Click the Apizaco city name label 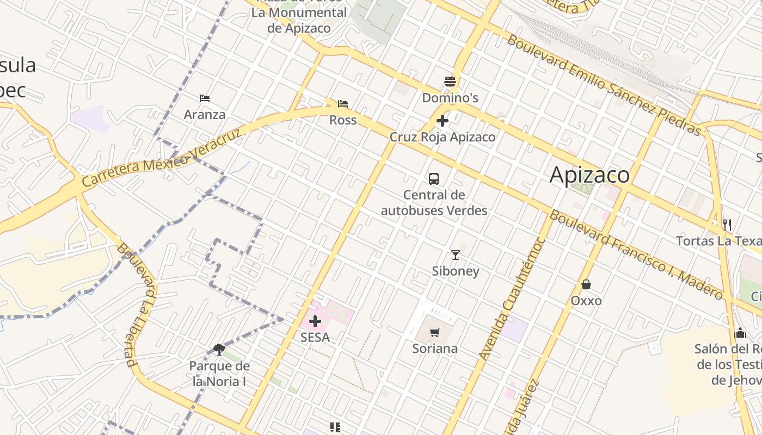pos(589,175)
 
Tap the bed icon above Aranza pos(205,98)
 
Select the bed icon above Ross pos(343,104)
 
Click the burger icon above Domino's pos(450,82)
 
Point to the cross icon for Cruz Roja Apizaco pos(443,121)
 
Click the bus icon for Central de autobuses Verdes pos(434,178)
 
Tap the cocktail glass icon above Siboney pos(456,254)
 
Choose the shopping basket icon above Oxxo pos(586,284)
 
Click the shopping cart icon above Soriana pos(434,332)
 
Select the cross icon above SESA pos(315,321)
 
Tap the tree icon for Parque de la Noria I pos(219,349)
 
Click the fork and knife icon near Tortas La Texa pos(727,224)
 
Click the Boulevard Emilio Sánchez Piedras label pos(604,85)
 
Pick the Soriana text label pos(435,349)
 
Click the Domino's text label pos(450,98)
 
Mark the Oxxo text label pos(586,301)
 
